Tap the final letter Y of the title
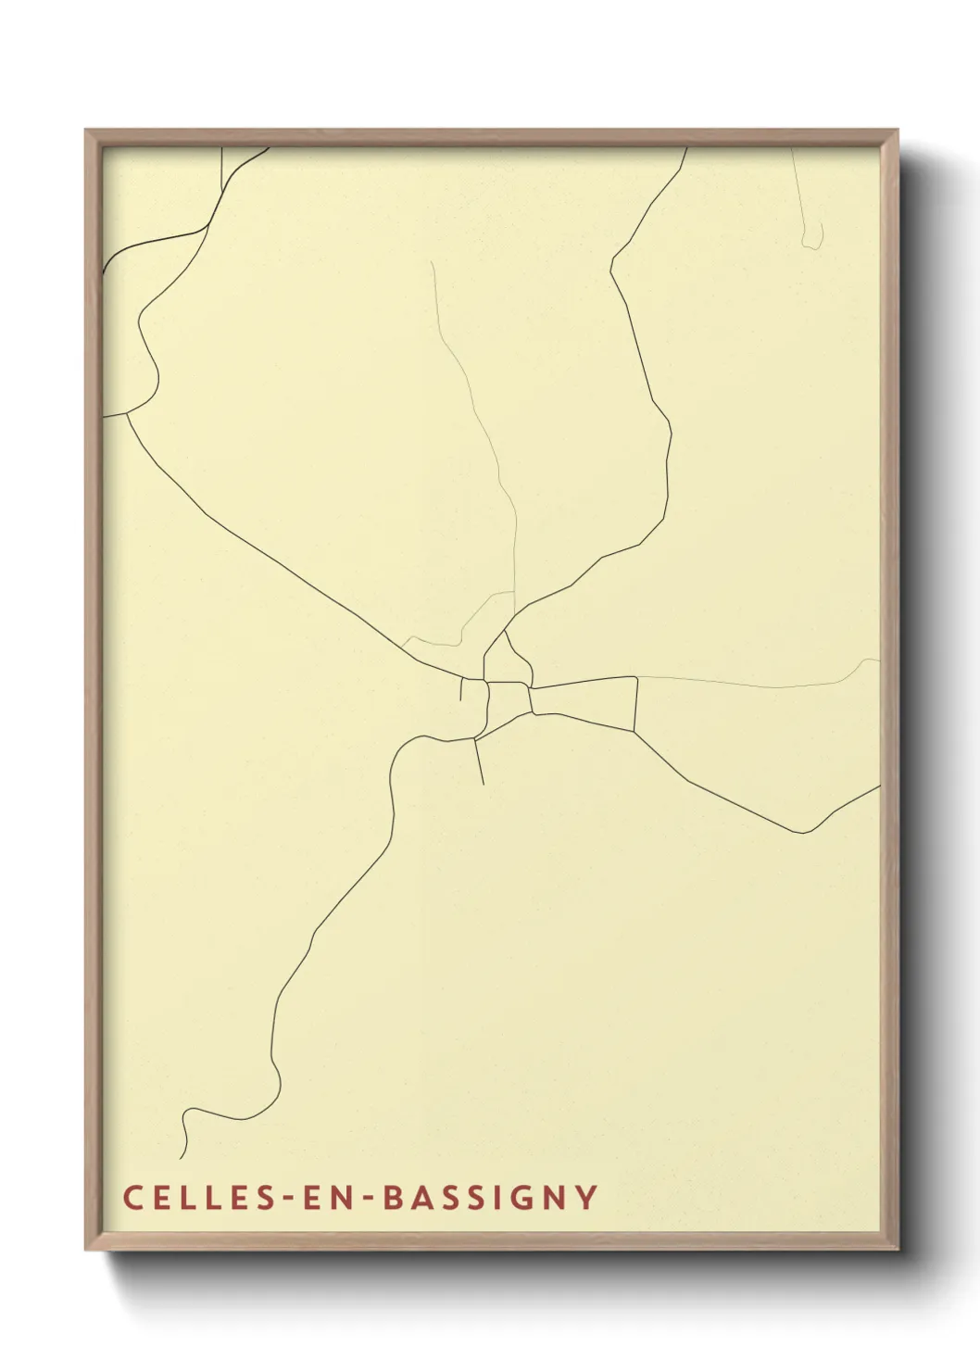[x=586, y=1198]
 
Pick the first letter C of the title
[x=132, y=1198]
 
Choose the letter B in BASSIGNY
[x=393, y=1198]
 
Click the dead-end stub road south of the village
[x=483, y=783]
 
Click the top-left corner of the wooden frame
[x=87, y=132]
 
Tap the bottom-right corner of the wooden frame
[x=896, y=1248]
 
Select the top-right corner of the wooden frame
[x=896, y=132]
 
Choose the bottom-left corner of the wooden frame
[x=87, y=1248]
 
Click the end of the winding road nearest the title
[x=181, y=1158]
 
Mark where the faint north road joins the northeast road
[x=515, y=612]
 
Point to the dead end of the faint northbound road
[x=432, y=262]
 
